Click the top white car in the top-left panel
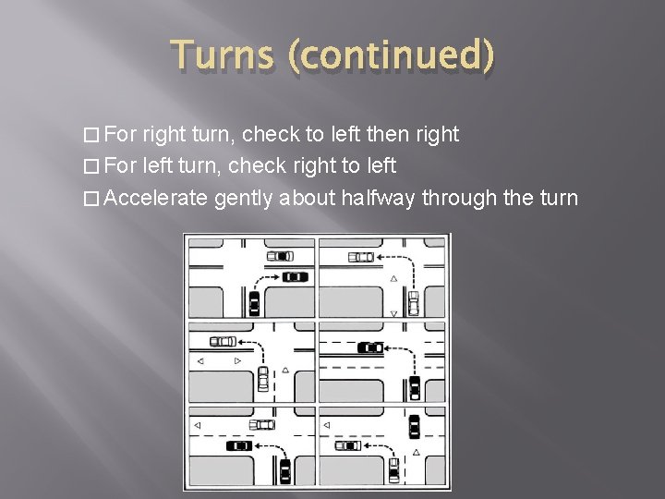[279, 255]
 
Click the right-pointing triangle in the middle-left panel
[238, 360]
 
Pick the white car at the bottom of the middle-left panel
[263, 379]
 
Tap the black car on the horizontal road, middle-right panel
[370, 347]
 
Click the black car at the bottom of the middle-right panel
[415, 386]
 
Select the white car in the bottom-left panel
[261, 424]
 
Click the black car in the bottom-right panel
[414, 427]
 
